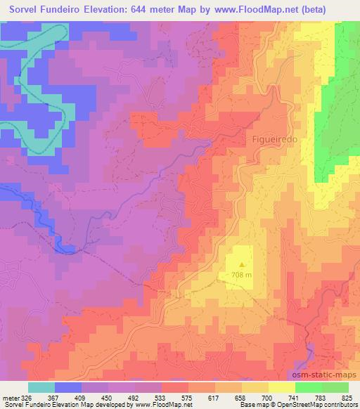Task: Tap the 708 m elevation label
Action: (241, 275)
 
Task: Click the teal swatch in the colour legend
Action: (41, 387)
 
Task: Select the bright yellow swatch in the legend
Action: (282, 387)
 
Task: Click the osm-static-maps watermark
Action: (325, 375)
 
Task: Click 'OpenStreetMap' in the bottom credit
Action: (301, 405)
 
